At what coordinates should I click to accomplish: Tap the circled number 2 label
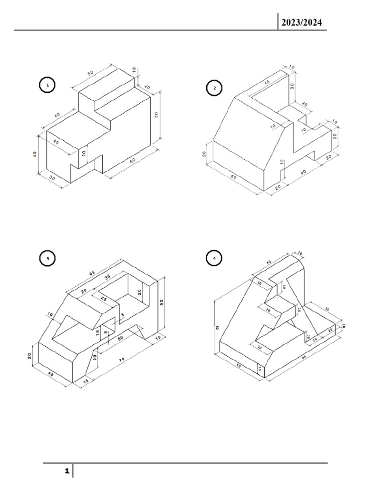click(215, 88)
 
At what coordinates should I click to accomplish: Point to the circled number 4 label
click(215, 259)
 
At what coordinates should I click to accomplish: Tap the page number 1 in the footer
click(67, 471)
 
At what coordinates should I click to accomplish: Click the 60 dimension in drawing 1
click(133, 161)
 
